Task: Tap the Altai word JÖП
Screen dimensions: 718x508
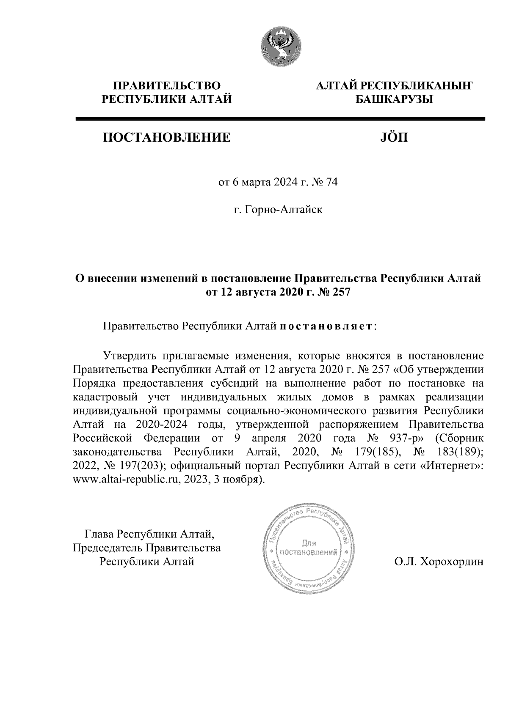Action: [392, 137]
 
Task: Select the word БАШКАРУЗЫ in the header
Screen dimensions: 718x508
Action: [392, 100]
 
